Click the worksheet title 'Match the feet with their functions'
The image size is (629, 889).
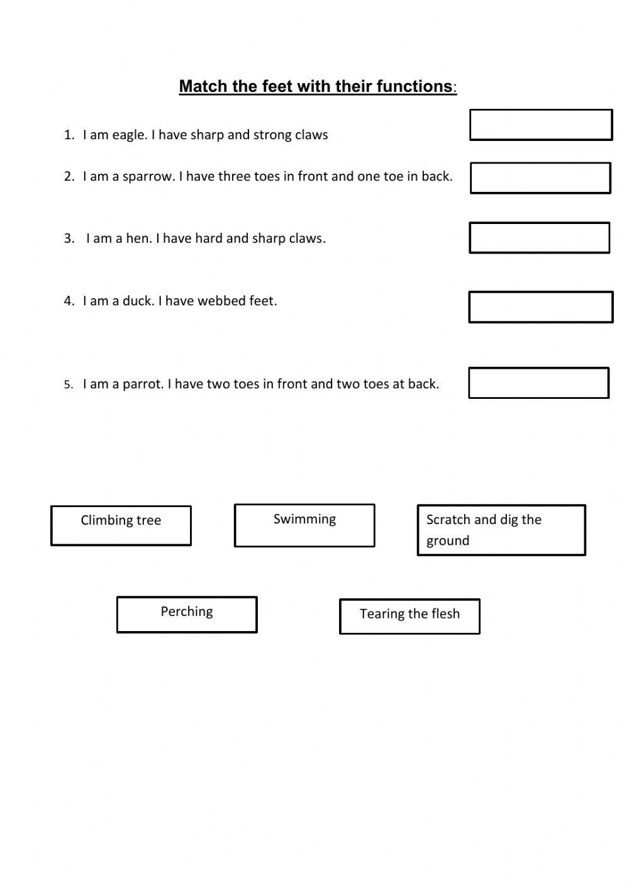coord(316,86)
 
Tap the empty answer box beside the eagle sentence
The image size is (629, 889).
coord(541,125)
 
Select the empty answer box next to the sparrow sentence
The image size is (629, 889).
coord(540,178)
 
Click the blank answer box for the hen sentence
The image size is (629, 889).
coord(539,238)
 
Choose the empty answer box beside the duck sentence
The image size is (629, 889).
coord(540,307)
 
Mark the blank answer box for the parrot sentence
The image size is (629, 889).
coord(538,383)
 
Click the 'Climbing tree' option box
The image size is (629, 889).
coord(121,525)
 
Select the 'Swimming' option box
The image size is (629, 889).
coord(304,525)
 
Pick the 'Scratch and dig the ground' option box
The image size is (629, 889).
coord(501,530)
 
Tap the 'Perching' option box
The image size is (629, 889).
coord(187,614)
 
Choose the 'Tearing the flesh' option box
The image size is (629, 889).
coord(409,616)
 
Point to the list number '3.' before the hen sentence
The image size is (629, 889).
coord(69,238)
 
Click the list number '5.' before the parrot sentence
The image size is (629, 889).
coord(69,385)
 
